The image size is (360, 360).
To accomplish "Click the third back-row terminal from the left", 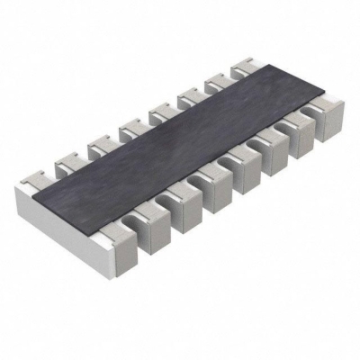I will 99,144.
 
